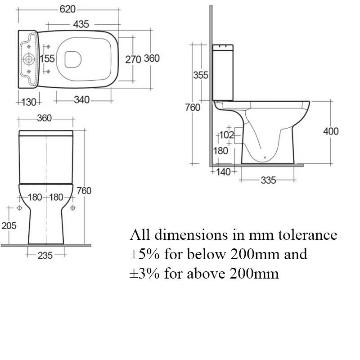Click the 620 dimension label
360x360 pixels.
67,9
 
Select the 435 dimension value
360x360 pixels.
81,24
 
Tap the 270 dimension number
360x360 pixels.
133,59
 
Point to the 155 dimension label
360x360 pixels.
47,58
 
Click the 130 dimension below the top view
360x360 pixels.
29,102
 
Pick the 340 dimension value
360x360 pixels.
82,99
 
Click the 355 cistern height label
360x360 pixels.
200,75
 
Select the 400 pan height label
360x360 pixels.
331,131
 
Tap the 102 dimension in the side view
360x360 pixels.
226,135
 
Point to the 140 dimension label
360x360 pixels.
223,172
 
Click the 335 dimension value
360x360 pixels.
268,180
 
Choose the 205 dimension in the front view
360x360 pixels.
9,226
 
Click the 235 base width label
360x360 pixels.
45,255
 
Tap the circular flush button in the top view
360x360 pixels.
29,59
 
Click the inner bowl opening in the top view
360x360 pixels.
73,59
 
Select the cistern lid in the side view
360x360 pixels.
223,48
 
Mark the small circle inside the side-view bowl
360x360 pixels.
265,157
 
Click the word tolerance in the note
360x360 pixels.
308,235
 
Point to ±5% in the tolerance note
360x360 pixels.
144,254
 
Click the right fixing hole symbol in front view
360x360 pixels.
73,208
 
